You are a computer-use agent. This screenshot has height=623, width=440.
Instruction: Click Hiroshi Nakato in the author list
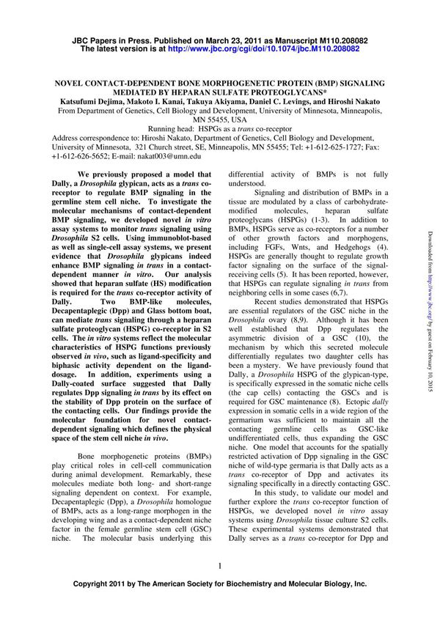click(334, 103)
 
